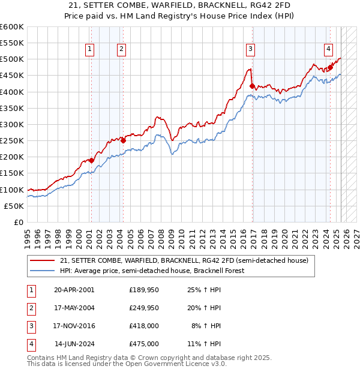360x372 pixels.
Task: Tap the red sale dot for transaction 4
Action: tap(330, 67)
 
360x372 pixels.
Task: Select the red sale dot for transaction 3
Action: tap(252, 86)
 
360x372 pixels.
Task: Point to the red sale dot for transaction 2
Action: tap(123, 140)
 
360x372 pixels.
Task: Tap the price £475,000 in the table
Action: tap(144, 344)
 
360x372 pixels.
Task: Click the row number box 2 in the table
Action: tap(30, 308)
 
